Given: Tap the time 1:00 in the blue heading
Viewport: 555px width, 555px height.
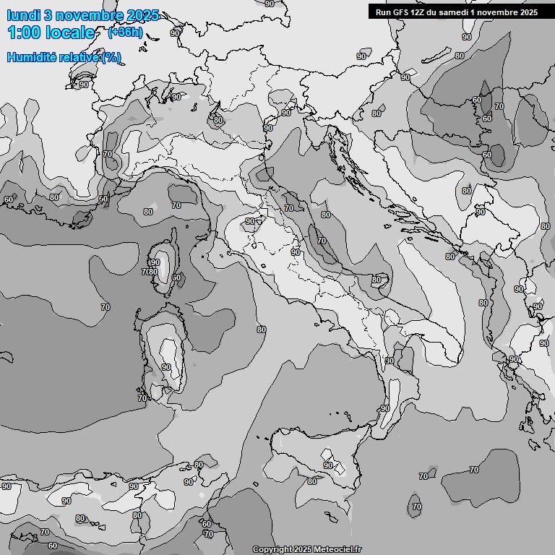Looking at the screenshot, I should click(24, 33).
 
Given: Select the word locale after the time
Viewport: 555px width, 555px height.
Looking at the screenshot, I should click(70, 33).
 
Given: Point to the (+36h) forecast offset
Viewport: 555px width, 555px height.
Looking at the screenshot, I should click(124, 33).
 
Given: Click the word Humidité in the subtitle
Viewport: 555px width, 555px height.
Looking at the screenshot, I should click(33, 58).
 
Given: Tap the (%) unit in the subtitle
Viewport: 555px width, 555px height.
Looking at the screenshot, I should click(111, 58).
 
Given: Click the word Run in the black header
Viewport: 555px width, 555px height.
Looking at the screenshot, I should click(382, 12).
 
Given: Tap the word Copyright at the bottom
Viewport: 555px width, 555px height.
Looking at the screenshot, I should click(272, 549).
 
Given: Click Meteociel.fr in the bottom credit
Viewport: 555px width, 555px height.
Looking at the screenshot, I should click(340, 549).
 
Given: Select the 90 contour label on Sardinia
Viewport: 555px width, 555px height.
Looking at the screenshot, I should click(166, 367).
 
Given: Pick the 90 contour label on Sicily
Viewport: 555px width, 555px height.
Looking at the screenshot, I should click(328, 465).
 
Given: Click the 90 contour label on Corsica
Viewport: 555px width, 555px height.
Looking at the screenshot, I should click(155, 262).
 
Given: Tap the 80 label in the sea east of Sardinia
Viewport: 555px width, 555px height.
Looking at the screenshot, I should click(261, 330).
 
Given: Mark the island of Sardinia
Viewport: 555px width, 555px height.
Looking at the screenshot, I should click(165, 354).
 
